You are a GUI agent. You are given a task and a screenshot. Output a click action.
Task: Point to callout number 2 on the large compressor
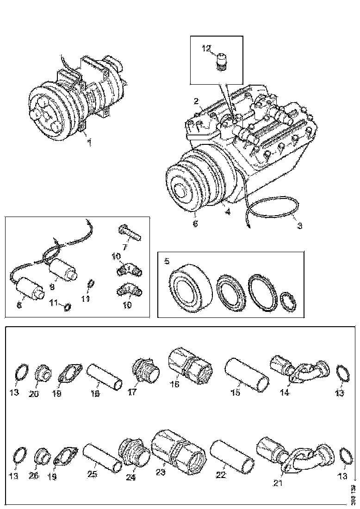196,101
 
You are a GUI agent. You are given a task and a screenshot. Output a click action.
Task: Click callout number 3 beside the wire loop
299,226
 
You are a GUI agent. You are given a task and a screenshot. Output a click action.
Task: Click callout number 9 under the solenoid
52,287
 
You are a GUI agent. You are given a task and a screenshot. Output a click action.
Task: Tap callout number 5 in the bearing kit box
167,261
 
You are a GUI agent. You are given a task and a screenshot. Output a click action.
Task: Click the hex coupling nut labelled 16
190,366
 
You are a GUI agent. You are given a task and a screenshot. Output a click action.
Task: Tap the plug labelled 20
43,373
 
